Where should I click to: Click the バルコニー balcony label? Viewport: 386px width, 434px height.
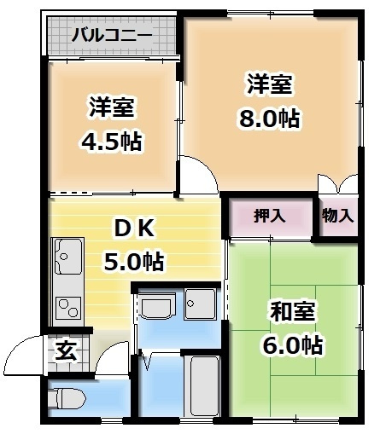click(x=111, y=36)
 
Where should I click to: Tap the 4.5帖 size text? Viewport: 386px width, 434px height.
click(x=113, y=141)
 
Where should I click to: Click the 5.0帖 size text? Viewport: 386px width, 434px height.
click(x=134, y=261)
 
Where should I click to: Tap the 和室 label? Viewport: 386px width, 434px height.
click(x=291, y=311)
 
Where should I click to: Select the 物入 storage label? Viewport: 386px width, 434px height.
click(x=337, y=216)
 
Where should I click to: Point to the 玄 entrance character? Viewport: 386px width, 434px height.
click(x=65, y=350)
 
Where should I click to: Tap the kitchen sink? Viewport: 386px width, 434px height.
click(x=67, y=254)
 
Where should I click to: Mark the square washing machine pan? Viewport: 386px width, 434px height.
click(x=201, y=304)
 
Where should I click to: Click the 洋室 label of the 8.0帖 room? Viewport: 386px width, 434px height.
click(x=270, y=85)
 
